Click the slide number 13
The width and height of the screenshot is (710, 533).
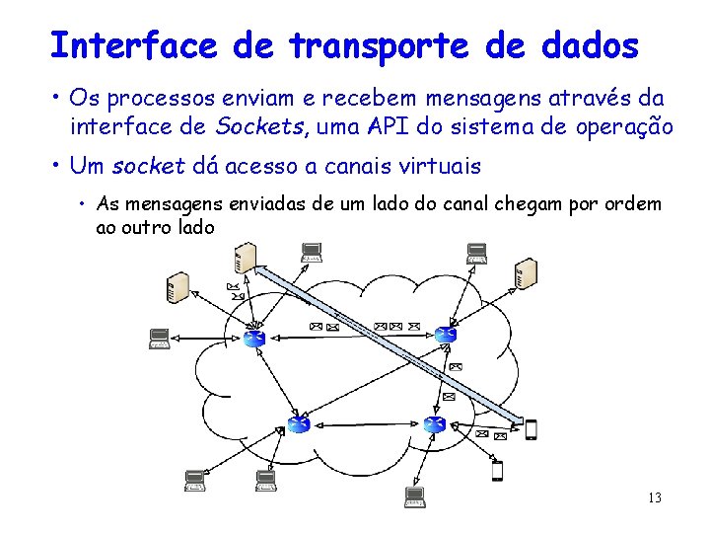point(654,497)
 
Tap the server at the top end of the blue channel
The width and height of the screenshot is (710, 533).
point(244,259)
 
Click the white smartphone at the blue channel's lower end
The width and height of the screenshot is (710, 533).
point(531,429)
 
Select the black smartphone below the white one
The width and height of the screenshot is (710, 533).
point(497,470)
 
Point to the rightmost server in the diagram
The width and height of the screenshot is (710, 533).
point(526,272)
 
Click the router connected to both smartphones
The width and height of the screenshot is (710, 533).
point(434,423)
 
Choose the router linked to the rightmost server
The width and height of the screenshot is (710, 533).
point(447,335)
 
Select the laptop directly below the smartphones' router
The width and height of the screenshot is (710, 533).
point(414,495)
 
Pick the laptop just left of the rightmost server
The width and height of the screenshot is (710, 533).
point(476,254)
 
